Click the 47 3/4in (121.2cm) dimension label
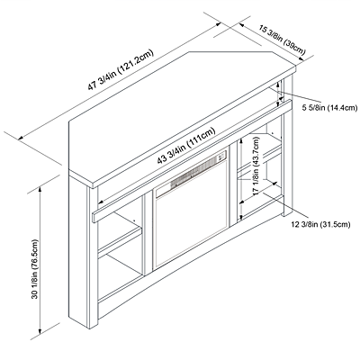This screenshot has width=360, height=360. [121, 69]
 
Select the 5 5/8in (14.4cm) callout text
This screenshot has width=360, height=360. [329, 108]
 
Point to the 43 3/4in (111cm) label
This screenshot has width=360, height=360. [186, 146]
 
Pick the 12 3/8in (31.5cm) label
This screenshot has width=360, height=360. [320, 224]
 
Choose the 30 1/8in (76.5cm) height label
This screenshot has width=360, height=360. [35, 269]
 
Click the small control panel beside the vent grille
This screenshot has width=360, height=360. [222, 156]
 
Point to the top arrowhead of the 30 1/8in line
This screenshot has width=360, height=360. [40, 189]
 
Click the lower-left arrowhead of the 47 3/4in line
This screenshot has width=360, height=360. [21, 138]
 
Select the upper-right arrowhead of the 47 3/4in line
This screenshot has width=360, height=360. [218, 24]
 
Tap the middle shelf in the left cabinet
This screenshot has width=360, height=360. [120, 239]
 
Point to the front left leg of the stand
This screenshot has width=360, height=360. [93, 258]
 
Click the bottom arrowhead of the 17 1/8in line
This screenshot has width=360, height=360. [240, 217]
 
